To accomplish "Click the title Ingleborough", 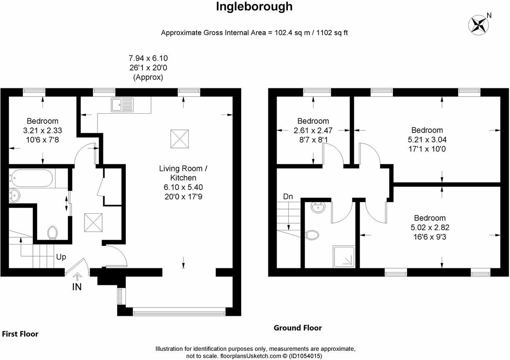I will click(254, 7).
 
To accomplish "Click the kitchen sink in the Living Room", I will click(122, 105).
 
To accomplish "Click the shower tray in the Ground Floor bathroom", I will click(344, 256).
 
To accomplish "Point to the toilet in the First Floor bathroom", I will click(52, 232).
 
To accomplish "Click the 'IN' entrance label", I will click(77, 287).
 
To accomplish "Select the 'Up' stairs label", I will click(61, 257).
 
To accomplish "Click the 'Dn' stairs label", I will click(288, 196).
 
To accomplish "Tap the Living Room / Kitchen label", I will click(183, 173).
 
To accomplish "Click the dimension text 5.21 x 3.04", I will click(427, 140).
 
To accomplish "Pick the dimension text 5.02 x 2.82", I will click(430, 227).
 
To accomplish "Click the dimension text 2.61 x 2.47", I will click(311, 130).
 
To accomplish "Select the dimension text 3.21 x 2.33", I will click(42, 130).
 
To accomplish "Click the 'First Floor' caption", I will click(20, 334).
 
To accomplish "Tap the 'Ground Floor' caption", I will click(297, 328).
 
